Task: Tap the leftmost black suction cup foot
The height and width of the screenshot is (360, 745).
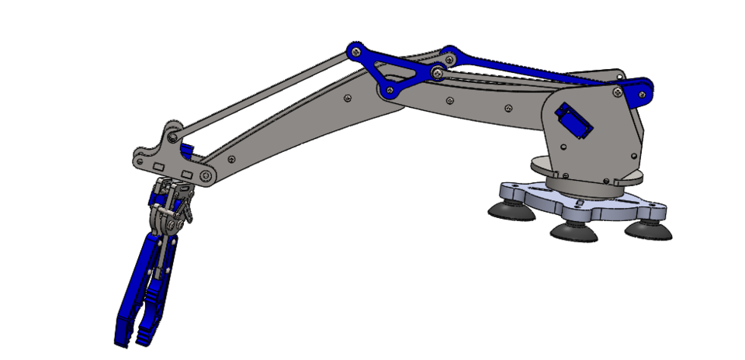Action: [511, 209]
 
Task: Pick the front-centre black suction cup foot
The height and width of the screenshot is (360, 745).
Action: [573, 230]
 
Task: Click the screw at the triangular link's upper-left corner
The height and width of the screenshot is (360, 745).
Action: [355, 51]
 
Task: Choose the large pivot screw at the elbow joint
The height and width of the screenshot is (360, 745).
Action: [438, 73]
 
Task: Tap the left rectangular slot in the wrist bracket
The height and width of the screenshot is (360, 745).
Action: [159, 167]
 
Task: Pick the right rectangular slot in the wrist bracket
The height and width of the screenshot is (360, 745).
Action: [187, 172]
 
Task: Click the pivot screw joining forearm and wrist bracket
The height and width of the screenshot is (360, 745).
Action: [206, 176]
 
